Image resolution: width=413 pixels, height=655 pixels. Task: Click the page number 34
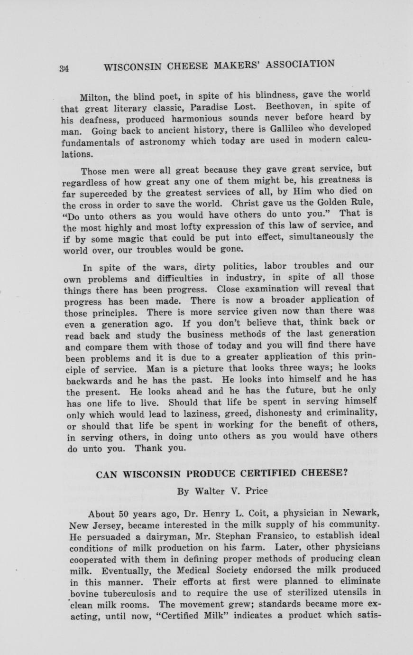click(x=65, y=68)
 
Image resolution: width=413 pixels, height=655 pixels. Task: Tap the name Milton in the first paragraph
click(x=94, y=98)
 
